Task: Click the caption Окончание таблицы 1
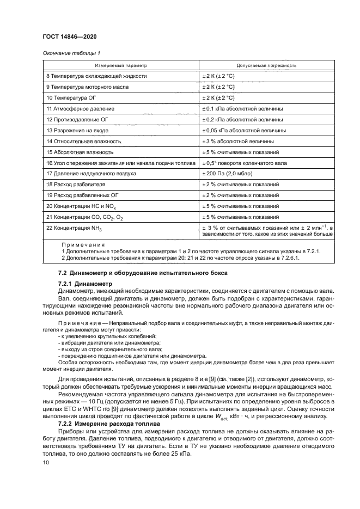click(71, 53)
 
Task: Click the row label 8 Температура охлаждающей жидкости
click(96, 76)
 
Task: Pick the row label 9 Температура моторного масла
click(88, 87)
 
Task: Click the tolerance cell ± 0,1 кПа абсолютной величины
click(242, 109)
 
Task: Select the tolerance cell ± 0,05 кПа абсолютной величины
click(244, 131)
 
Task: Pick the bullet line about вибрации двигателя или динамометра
click(107, 342)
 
